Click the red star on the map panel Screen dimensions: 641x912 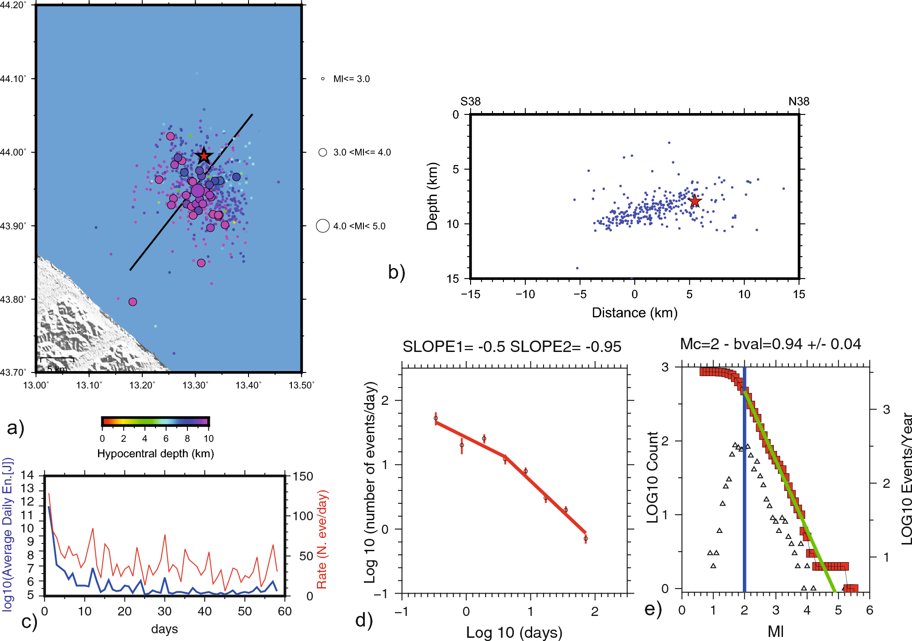pyautogui.click(x=203, y=156)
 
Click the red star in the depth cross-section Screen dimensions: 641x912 pyautogui.click(x=694, y=201)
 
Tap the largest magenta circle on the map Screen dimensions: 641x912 pyautogui.click(x=197, y=191)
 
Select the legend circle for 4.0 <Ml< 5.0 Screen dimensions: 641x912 pyautogui.click(x=323, y=226)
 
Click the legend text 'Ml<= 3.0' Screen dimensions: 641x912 pyautogui.click(x=351, y=79)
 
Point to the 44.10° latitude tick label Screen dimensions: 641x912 pyautogui.click(x=13, y=79)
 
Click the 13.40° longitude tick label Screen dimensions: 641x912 pyautogui.click(x=248, y=385)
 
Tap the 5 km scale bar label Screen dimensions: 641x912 pyautogui.click(x=57, y=368)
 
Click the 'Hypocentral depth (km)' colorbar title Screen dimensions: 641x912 pyautogui.click(x=155, y=454)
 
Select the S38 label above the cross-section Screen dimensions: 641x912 pyautogui.click(x=470, y=101)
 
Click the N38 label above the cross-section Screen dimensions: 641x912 pyautogui.click(x=798, y=101)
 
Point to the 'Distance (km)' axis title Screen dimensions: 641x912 pyautogui.click(x=634, y=313)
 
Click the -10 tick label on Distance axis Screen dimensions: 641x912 pyautogui.click(x=525, y=295)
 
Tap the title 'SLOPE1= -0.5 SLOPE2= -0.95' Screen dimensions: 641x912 pyautogui.click(x=512, y=347)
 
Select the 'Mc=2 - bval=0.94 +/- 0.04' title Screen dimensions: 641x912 pyautogui.click(x=770, y=344)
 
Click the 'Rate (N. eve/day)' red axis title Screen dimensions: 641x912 pyautogui.click(x=322, y=539)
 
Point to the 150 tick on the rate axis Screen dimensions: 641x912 pyautogui.click(x=303, y=477)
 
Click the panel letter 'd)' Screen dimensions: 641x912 pyautogui.click(x=364, y=620)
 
